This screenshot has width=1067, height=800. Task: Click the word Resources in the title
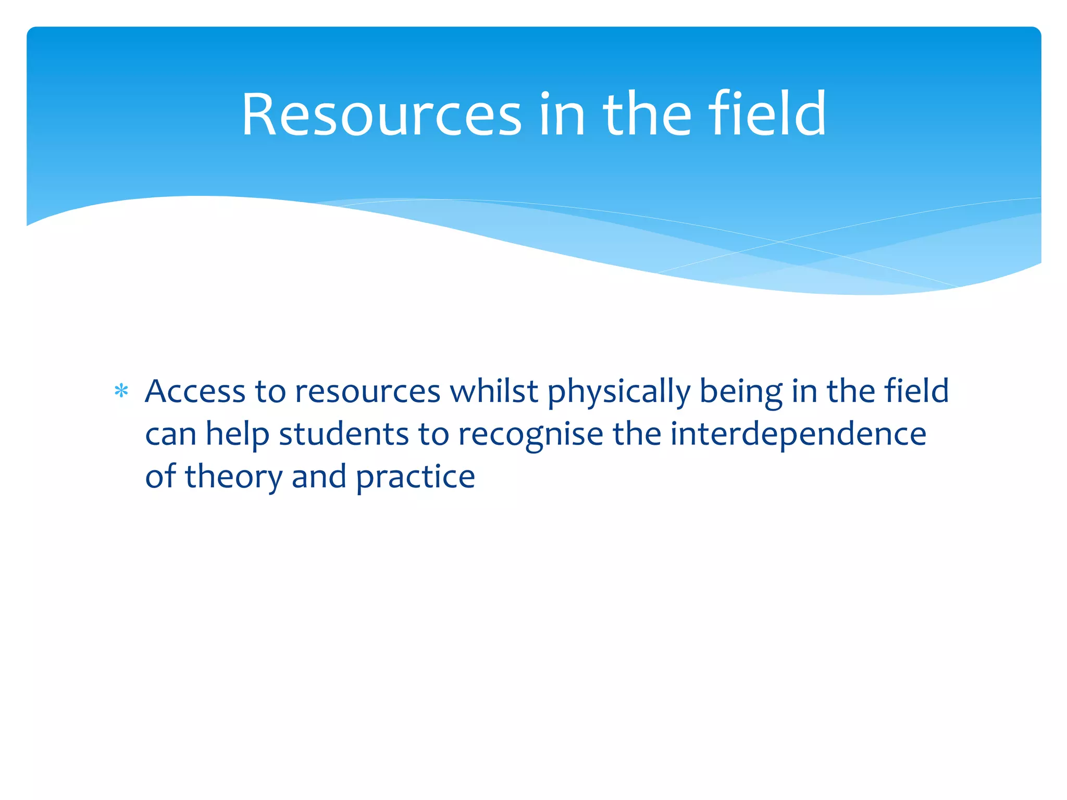pyautogui.click(x=381, y=115)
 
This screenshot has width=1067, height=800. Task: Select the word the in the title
pyautogui.click(x=647, y=115)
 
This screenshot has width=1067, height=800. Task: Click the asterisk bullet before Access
pyautogui.click(x=121, y=391)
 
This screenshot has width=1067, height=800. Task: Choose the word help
pyautogui.click(x=237, y=435)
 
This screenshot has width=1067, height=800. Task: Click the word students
pyautogui.click(x=344, y=434)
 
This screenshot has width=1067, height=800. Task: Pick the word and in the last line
pyautogui.click(x=319, y=477)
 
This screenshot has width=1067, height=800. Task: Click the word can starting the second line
pyautogui.click(x=170, y=435)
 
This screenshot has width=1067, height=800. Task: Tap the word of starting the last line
pyautogui.click(x=160, y=477)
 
